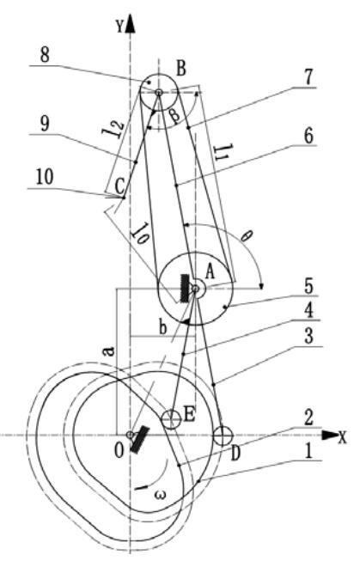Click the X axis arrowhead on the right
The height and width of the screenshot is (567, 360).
(x=330, y=435)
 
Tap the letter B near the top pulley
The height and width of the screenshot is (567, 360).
(x=181, y=69)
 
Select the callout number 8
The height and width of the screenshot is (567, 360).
(x=45, y=56)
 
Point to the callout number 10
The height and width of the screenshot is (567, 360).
(x=45, y=178)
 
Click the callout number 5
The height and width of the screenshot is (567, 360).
(x=308, y=286)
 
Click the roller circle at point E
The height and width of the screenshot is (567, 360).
(x=171, y=420)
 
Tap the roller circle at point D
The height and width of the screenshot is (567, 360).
(x=223, y=436)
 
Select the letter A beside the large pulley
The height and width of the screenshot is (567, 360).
(x=210, y=271)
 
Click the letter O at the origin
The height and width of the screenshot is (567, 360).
(x=119, y=450)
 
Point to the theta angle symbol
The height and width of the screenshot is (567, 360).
(x=247, y=237)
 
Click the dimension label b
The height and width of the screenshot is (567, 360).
(x=162, y=327)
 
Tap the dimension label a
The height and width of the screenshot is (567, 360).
(x=109, y=350)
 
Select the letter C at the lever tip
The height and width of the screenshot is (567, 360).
(x=119, y=186)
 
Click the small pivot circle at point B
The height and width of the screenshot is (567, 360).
(x=158, y=93)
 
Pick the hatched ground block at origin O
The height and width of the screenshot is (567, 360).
(x=140, y=440)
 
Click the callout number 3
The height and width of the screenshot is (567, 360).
(x=308, y=336)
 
